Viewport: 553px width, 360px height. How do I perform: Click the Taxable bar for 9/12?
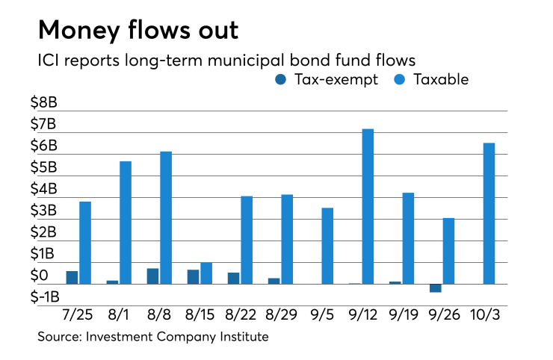(368, 206)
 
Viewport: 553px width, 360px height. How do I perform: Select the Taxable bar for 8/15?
(206, 273)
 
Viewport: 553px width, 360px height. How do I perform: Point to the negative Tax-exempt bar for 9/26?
(435, 288)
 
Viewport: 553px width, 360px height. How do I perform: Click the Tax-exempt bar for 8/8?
(152, 276)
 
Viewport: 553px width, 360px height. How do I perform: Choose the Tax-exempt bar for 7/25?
(72, 277)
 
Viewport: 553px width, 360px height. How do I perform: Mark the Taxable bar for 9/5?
(327, 246)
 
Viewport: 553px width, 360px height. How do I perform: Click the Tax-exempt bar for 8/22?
(233, 278)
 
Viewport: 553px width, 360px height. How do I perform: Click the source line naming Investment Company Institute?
(153, 337)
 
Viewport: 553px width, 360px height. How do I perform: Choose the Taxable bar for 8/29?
(287, 239)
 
